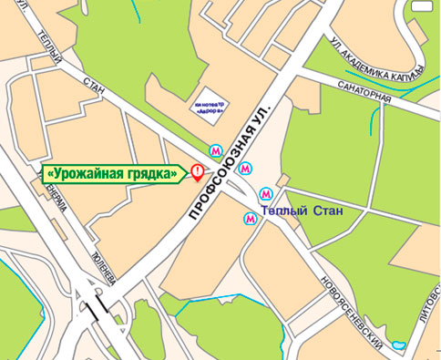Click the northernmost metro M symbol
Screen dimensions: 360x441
pos(216,149)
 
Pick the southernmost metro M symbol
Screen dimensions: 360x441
pos(250,218)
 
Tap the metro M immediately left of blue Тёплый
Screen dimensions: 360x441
pos(265,193)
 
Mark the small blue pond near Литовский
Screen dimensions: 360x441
pos(398,345)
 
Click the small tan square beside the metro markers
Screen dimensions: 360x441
pos(283,180)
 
